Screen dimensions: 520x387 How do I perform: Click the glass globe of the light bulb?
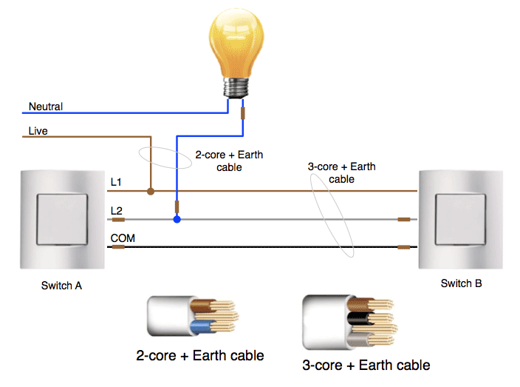tap(236, 43)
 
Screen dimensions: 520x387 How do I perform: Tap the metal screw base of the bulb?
tap(236, 88)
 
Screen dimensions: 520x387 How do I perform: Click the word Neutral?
tap(46, 107)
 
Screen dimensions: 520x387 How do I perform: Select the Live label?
tap(38, 131)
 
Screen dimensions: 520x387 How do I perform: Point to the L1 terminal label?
tap(116, 182)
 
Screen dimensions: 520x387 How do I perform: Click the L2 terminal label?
tap(117, 211)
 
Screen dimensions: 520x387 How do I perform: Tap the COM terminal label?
tap(123, 238)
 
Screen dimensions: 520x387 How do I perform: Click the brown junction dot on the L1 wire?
tap(151, 191)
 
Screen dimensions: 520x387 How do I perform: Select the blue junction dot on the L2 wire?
tap(177, 219)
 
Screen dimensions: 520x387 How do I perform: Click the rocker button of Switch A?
tap(62, 220)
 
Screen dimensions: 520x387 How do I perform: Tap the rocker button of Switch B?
tap(461, 220)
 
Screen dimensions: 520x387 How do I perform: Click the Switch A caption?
tap(62, 286)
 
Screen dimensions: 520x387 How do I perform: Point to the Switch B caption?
tap(462, 283)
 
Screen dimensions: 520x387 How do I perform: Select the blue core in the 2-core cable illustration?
tap(202, 326)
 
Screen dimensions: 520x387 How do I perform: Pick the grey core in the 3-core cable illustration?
tap(358, 340)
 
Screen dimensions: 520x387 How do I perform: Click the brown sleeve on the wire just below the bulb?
tap(243, 113)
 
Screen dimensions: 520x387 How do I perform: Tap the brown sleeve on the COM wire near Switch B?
tap(404, 247)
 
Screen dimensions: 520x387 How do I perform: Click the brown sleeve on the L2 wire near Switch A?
tap(118, 220)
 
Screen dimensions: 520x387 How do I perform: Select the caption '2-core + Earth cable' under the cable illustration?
tap(200, 356)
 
